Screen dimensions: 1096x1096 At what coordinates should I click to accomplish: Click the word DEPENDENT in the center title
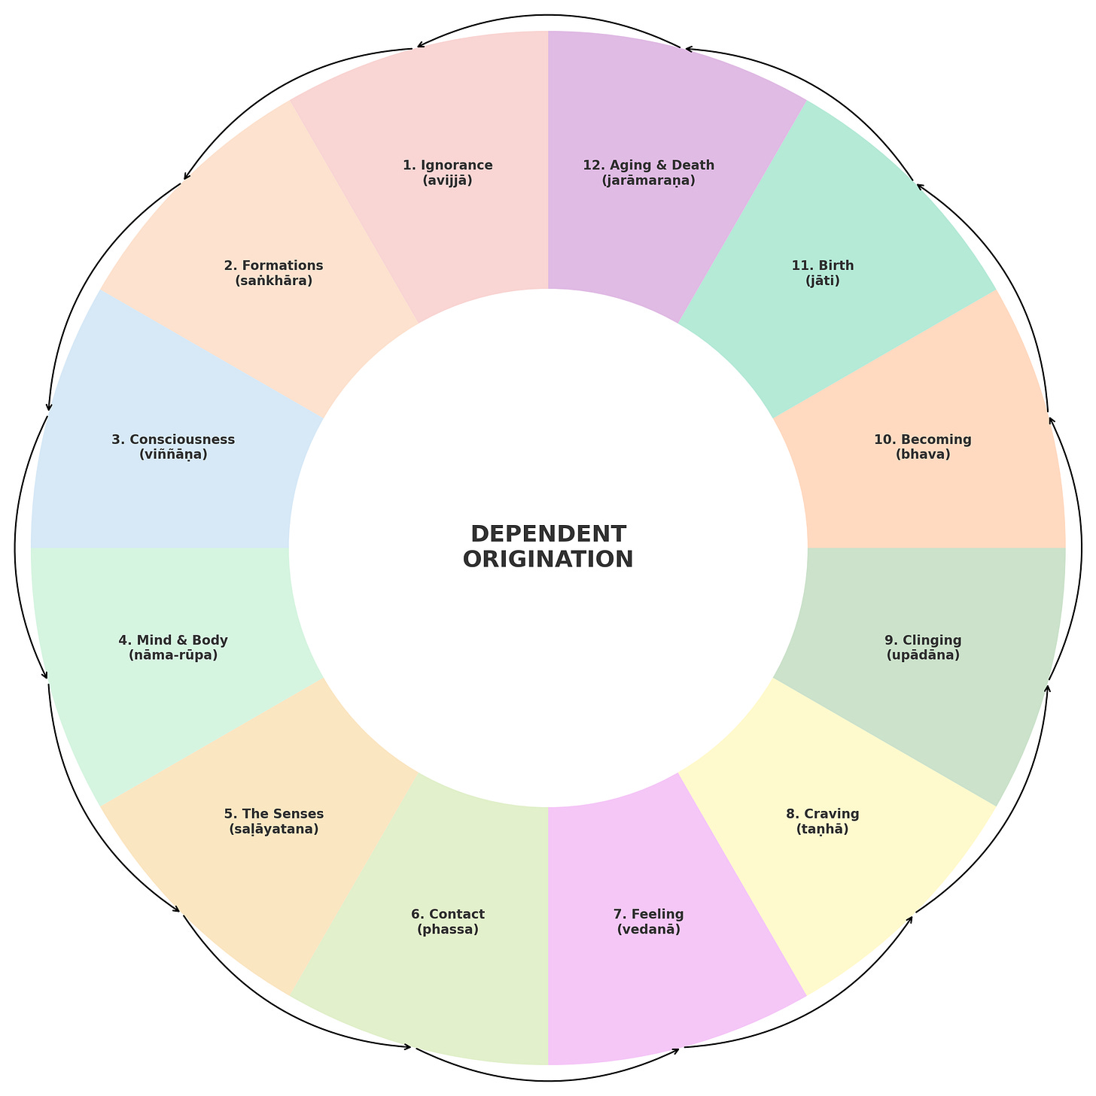[x=548, y=534]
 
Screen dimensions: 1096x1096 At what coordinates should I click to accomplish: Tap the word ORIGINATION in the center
[x=548, y=560]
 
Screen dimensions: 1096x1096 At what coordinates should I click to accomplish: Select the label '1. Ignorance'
[x=448, y=165]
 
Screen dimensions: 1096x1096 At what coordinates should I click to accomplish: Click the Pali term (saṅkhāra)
[x=274, y=281]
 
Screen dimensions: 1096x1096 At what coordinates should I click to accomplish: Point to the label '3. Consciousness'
[x=173, y=439]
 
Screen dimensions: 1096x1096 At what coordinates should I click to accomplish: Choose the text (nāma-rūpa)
[x=173, y=656]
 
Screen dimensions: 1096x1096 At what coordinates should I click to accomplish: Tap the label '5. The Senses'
[x=274, y=814]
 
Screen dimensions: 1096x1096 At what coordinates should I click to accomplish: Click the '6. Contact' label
[x=448, y=915]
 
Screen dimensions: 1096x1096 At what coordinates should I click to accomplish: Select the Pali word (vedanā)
[x=649, y=930]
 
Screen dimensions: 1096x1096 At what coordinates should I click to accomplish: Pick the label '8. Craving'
[x=823, y=814]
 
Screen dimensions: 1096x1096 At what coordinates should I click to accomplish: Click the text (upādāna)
[x=924, y=656]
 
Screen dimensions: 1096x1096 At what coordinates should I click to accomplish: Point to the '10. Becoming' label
[x=923, y=439]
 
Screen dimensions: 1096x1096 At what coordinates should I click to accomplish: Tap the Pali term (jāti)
[x=823, y=281]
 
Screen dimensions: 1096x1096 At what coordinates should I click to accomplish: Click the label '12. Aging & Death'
[x=649, y=165]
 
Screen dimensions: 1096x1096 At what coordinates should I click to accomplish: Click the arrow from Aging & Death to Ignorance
[x=550, y=15]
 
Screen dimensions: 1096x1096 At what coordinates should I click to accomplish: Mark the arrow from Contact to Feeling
[x=550, y=1081]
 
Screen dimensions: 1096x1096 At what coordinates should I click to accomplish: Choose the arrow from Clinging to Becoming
[x=1081, y=549]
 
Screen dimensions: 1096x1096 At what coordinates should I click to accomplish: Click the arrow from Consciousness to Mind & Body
[x=16, y=549]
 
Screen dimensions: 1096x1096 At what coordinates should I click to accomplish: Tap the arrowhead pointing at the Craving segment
[x=912, y=917]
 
